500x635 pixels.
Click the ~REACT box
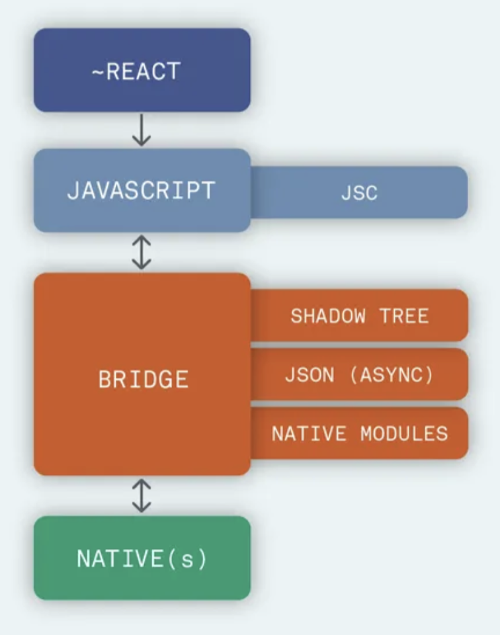coord(142,70)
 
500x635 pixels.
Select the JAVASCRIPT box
coord(142,190)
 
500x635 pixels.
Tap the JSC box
coord(359,192)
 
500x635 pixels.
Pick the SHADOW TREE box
coord(359,316)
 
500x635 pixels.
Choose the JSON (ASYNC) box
coord(359,375)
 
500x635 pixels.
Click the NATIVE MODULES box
coord(359,434)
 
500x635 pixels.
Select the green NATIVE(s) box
coord(142,558)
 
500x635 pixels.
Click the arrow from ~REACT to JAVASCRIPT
coord(142,131)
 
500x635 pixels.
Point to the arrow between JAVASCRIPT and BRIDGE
coord(142,253)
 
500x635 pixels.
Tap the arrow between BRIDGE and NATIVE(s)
coord(142,496)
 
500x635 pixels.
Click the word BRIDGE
coord(144,379)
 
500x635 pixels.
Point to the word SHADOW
coord(327,316)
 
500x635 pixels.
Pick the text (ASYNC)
coord(391,375)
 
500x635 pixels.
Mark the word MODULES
coord(404,434)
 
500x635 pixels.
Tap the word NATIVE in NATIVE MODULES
coord(309,434)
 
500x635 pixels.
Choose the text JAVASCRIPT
coord(141,190)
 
